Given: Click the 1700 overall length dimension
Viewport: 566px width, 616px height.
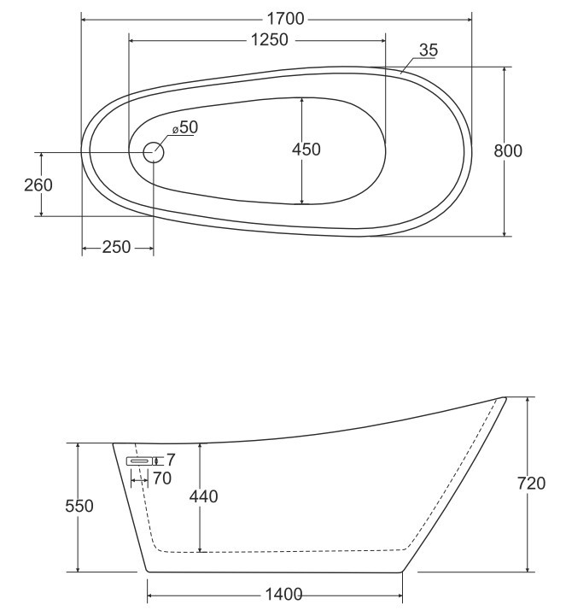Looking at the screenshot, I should (286, 17).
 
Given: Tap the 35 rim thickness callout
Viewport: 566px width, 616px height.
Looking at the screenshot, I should (428, 50).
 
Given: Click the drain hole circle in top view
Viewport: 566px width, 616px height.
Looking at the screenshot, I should (153, 153).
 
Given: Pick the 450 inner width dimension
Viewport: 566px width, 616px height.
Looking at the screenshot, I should (306, 150).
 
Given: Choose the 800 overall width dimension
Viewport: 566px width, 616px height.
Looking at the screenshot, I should (508, 150).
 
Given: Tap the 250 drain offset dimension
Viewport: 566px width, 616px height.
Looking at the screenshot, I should (116, 248).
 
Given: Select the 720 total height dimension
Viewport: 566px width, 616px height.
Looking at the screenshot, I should (531, 484).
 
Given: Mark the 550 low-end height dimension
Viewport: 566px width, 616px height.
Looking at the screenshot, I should (80, 506).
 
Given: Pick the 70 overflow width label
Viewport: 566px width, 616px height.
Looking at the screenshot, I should (161, 478).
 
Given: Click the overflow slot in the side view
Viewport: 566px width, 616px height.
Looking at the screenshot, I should (140, 461).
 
